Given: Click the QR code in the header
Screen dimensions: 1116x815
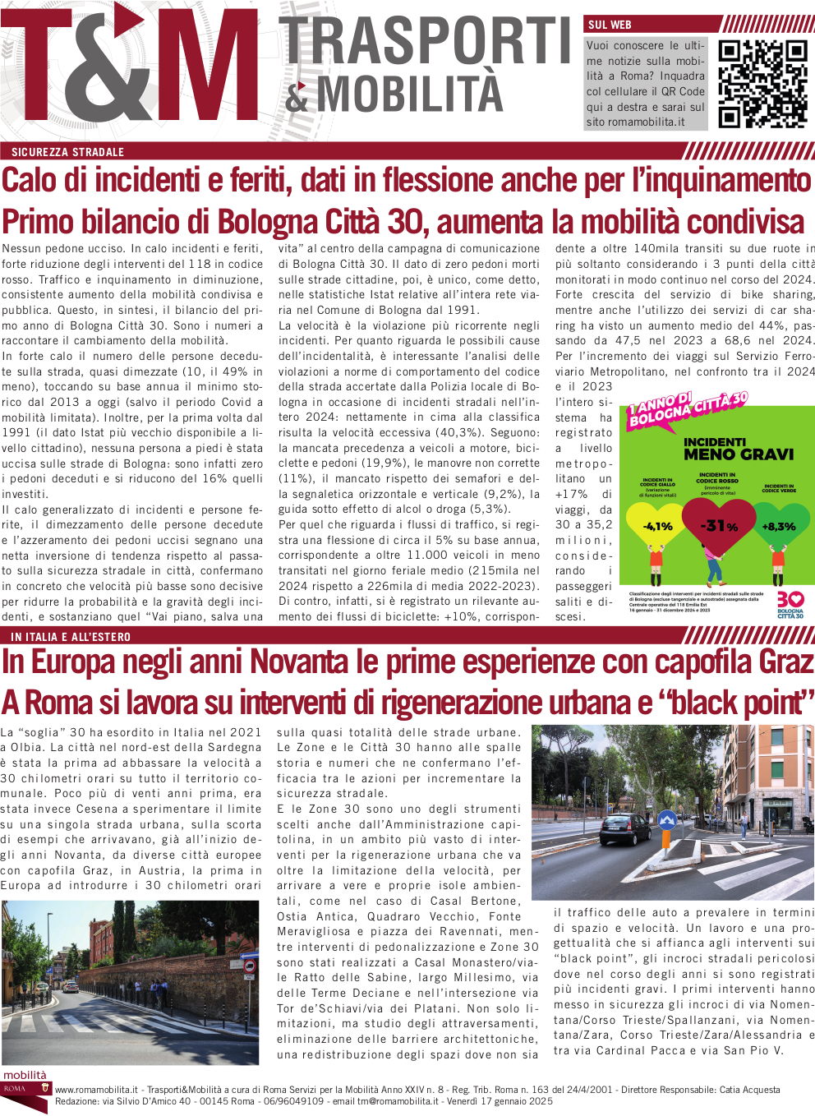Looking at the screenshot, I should coord(762,84).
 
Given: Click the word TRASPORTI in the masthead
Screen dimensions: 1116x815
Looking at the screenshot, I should coord(426,41).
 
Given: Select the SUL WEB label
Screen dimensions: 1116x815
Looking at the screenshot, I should coord(610,25).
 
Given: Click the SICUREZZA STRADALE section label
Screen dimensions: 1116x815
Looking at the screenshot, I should coord(67,152).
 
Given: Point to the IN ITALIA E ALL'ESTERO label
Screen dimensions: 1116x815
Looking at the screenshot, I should coord(71,637).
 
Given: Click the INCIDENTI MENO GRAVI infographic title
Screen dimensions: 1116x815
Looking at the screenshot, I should coord(739,449).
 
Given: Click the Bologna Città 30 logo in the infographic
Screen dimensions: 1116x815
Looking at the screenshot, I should coord(790,604).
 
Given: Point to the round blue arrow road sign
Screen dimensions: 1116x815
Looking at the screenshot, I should coord(667,819).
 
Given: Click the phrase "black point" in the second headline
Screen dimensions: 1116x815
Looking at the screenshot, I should coord(735,703).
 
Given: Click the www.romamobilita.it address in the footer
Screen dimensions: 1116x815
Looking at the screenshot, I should coord(96,1090).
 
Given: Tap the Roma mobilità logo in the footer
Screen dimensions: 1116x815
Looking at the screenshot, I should coord(25,1085).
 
